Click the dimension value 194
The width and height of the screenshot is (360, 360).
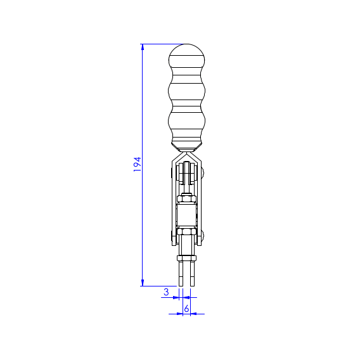coord(137,164)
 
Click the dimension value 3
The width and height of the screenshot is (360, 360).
coord(166,292)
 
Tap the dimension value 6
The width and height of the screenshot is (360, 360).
coord(187,309)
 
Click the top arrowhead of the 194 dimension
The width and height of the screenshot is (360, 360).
coord(143,47)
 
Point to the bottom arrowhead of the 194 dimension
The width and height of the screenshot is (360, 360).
coord(143,283)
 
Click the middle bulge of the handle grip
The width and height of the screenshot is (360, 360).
coord(187,91)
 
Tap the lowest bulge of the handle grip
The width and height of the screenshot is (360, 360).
coord(187,121)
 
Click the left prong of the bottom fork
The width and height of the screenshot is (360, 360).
coord(181,274)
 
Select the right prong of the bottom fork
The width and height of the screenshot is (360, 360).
coord(193,274)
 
